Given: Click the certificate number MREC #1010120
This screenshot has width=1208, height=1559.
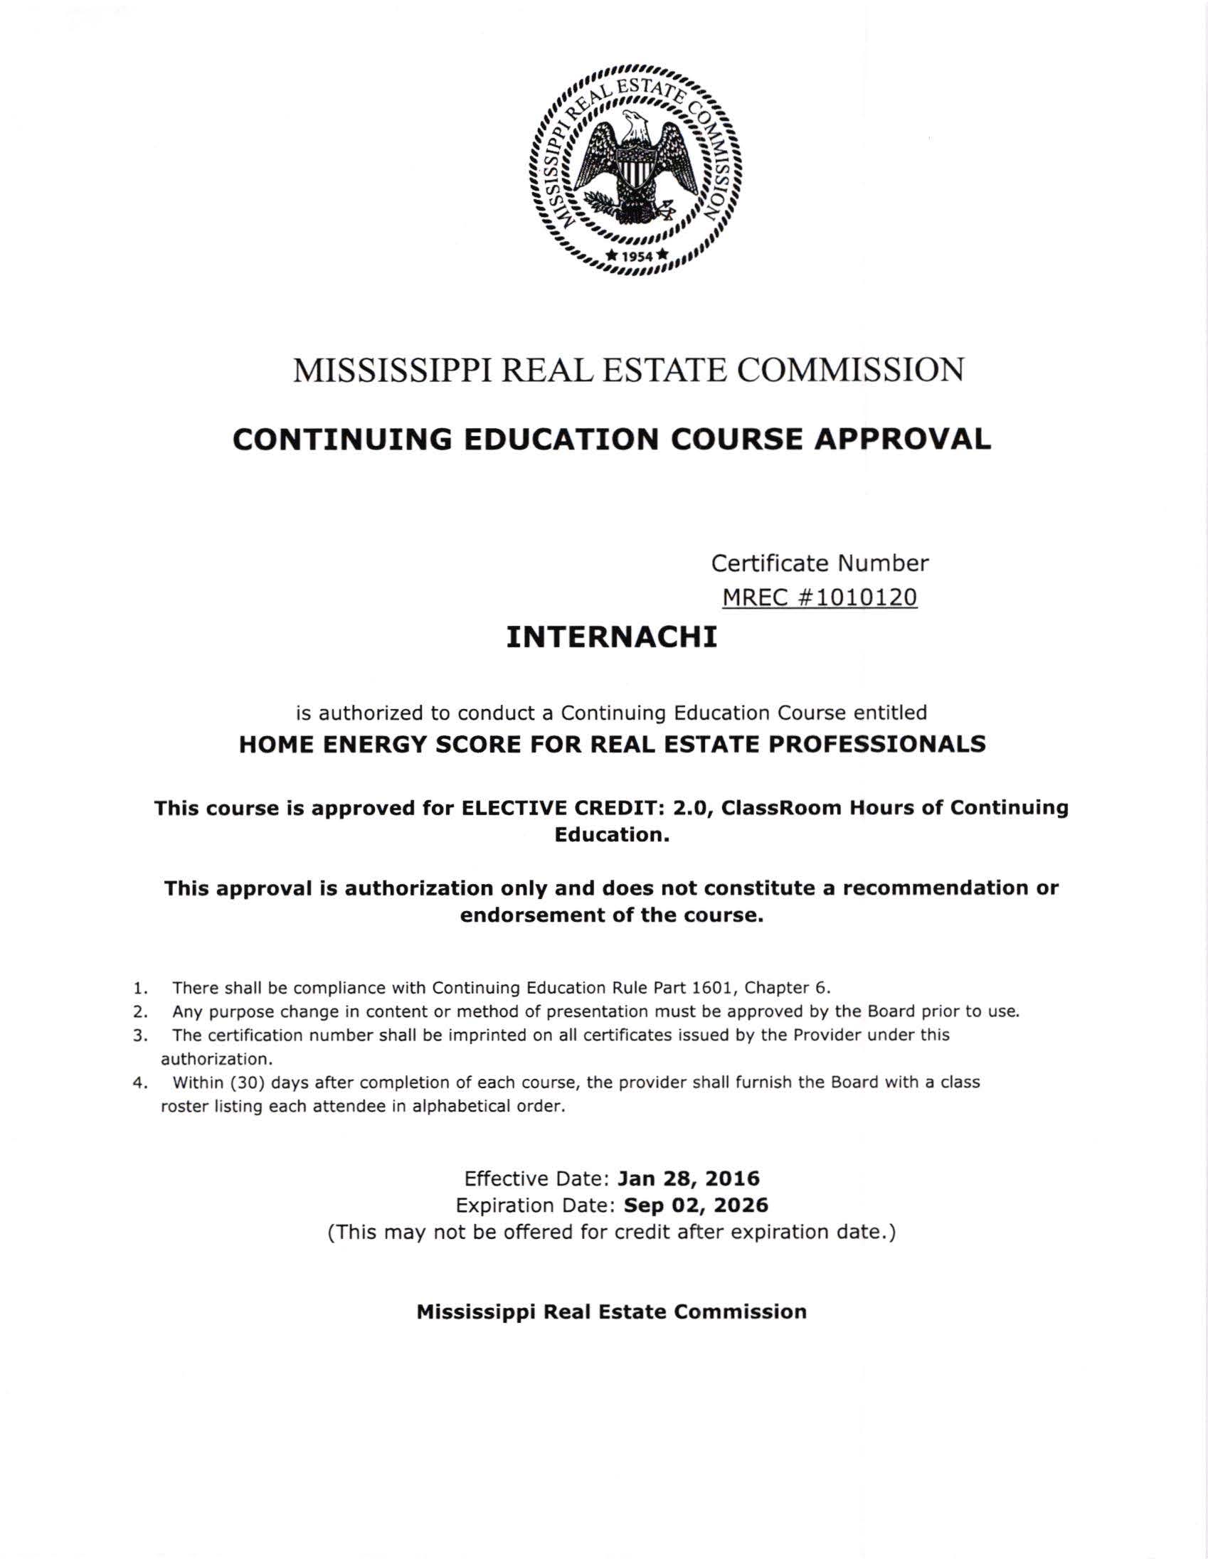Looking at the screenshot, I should tap(820, 597).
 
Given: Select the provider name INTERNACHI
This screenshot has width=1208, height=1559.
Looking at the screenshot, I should tap(611, 637).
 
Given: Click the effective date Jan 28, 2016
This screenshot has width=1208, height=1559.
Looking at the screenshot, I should tap(688, 1178).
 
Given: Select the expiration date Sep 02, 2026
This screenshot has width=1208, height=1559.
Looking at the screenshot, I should tap(696, 1205).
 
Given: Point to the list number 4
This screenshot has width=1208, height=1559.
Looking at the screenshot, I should tap(140, 1082).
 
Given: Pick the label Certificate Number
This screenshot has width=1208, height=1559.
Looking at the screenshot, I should tap(820, 563).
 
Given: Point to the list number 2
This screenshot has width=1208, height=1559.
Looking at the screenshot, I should tap(140, 1011).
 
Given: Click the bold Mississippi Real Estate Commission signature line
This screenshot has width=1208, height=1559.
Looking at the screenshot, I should tap(611, 1311).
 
